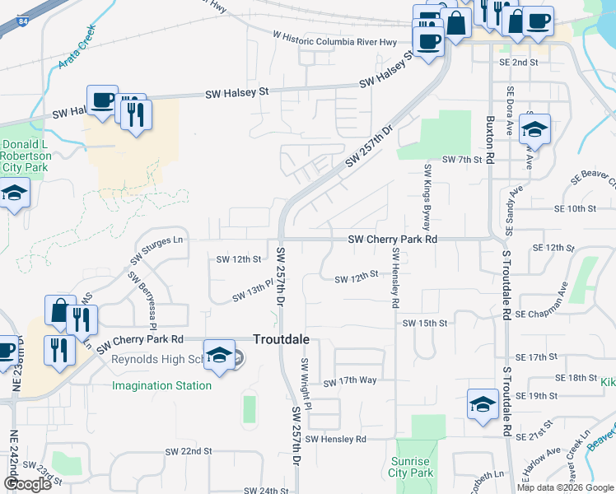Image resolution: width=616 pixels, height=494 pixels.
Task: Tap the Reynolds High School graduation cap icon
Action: click(218, 355)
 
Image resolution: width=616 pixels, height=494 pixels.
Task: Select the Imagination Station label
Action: click(161, 385)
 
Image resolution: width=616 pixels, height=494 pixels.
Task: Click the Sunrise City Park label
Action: click(410, 468)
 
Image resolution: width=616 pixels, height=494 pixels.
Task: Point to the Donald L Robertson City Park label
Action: click(26, 156)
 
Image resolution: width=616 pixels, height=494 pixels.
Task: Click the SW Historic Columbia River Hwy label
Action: click(334, 38)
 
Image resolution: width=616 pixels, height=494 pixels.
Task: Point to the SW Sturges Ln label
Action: click(156, 249)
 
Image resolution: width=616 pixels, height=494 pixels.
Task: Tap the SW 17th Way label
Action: click(349, 382)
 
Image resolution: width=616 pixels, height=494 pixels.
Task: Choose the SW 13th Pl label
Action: click(251, 291)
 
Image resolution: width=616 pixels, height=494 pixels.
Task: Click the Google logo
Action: click(27, 484)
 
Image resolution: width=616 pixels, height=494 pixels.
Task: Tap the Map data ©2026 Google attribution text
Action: click(565, 487)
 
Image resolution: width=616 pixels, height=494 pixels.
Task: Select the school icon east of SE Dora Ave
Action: click(535, 129)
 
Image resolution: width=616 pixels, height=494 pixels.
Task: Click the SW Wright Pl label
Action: click(306, 384)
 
